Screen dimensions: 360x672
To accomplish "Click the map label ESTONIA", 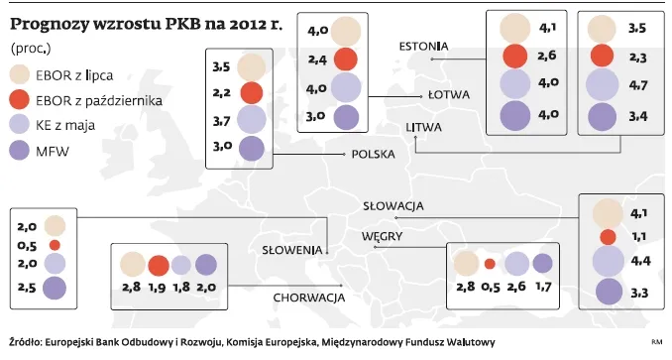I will [423, 46].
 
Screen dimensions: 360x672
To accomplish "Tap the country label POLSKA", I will [374, 154].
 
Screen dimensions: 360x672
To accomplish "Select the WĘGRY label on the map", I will [383, 237].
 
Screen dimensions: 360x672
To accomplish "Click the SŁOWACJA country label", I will [393, 205].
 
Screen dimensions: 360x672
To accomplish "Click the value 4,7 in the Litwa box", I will [638, 86].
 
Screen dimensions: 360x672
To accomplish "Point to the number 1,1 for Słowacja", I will [639, 236].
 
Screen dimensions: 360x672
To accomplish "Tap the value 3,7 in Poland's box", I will [222, 121].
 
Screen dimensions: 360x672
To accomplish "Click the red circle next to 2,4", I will [345, 60].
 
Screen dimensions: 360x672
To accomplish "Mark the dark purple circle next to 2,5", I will [55, 289].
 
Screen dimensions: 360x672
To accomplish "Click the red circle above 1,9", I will [158, 266].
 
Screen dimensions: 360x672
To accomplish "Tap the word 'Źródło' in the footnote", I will [24, 342].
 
